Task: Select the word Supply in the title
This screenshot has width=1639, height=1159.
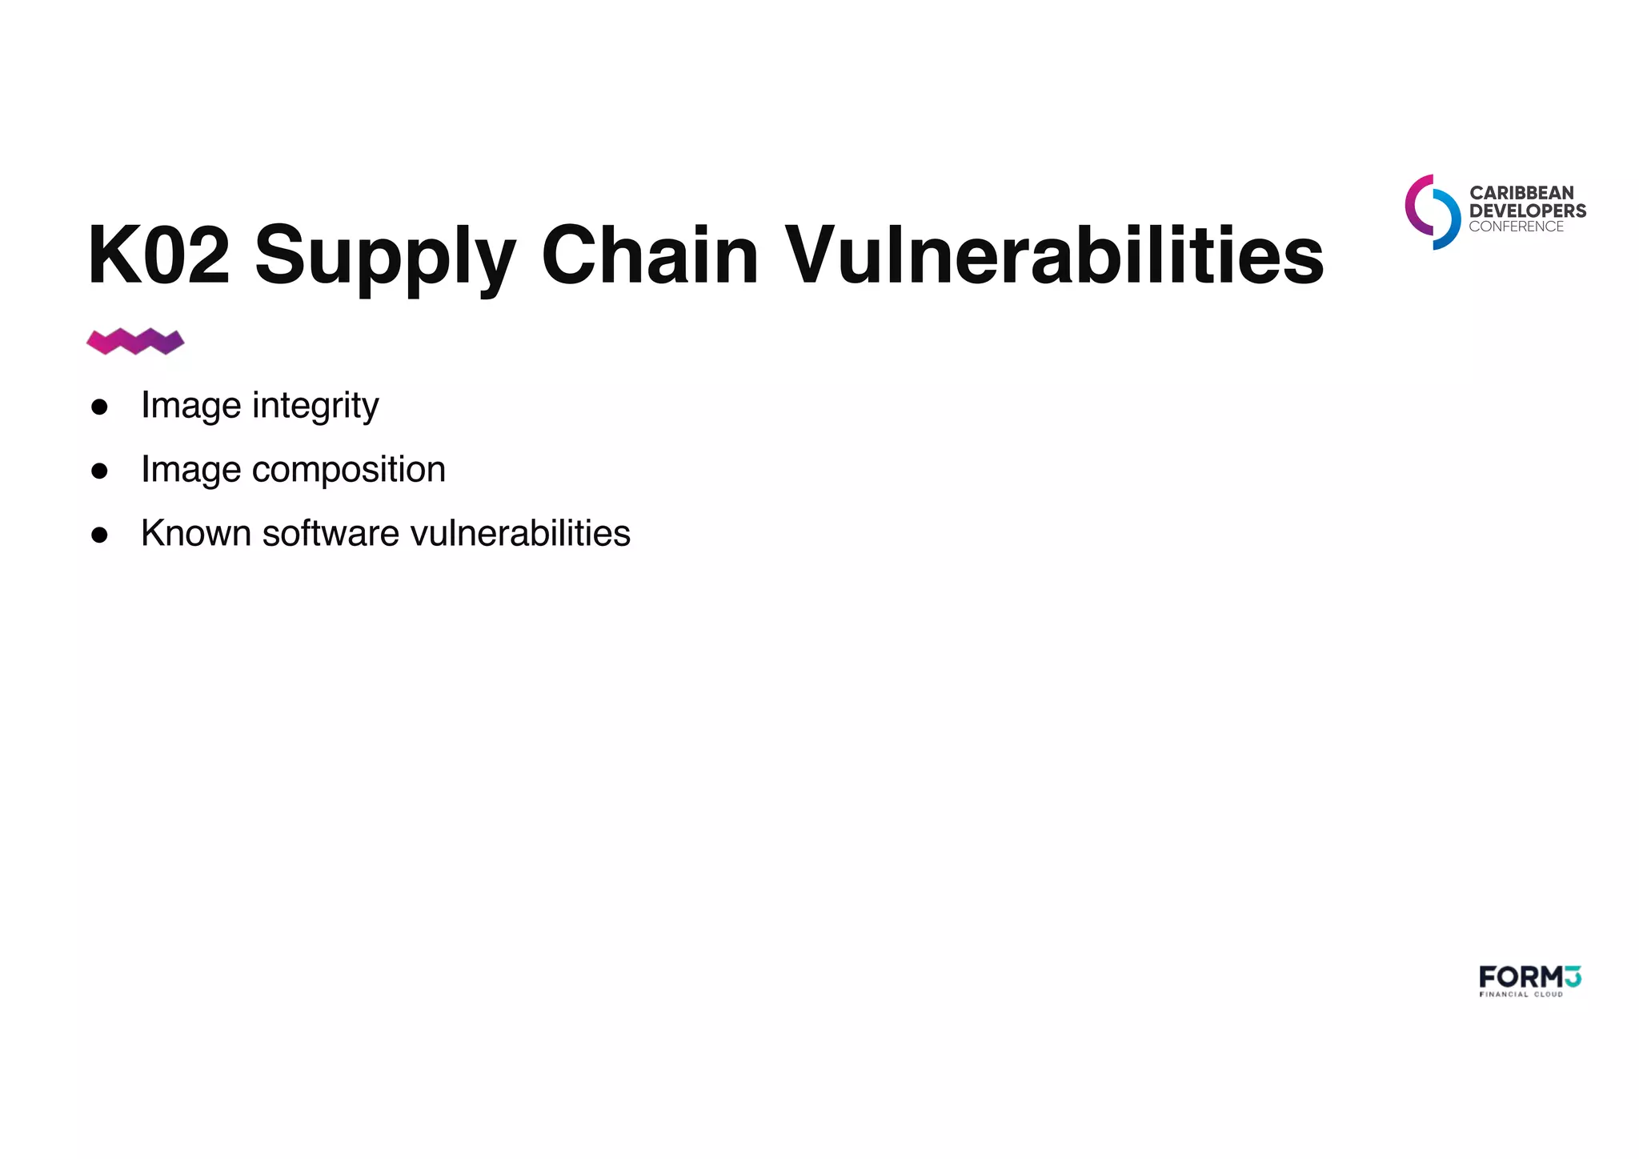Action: point(385,256)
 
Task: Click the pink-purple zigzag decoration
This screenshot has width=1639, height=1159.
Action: point(135,342)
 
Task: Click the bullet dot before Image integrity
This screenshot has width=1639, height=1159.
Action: point(99,407)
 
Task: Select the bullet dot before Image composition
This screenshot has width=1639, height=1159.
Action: point(99,471)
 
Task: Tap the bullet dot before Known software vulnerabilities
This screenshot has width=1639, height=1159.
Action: point(99,535)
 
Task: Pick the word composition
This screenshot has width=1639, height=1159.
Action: point(348,470)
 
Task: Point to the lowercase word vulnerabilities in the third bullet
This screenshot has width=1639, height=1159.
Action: point(520,534)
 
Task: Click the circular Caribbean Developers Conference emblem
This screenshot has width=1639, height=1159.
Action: point(1433,212)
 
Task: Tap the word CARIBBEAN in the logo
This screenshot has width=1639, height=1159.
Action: point(1521,193)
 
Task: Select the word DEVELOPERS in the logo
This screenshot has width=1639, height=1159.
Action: point(1527,211)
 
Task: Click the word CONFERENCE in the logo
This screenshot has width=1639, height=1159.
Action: point(1516,227)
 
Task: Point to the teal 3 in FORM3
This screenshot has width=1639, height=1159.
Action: point(1573,977)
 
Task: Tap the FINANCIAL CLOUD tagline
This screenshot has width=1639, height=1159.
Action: point(1521,995)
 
